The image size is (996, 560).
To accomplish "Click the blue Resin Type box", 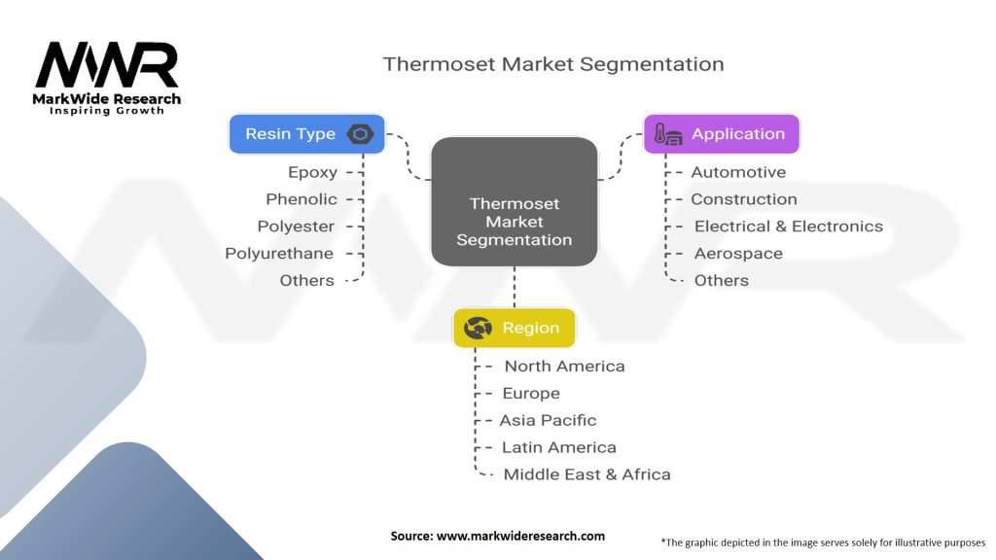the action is click(x=306, y=134).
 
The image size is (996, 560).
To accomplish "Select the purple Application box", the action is click(x=722, y=134).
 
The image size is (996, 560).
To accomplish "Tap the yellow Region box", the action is click(x=514, y=328).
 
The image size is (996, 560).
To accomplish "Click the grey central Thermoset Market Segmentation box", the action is click(x=514, y=201).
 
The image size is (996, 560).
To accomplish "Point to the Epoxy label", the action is click(x=312, y=172).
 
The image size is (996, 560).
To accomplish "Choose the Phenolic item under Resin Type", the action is click(x=302, y=199).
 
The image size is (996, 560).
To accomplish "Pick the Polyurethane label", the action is click(x=279, y=254).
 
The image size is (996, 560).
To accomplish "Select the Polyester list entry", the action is click(x=296, y=227).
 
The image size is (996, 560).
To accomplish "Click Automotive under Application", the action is click(x=738, y=172).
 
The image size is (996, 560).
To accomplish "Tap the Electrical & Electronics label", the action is click(x=788, y=227).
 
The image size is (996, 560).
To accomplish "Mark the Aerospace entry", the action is click(x=738, y=254).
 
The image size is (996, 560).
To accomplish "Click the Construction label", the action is click(x=744, y=199).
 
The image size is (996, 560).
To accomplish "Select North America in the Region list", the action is click(x=565, y=367).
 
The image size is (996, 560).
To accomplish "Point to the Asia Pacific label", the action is click(x=548, y=420).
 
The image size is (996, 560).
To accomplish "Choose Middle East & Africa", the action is click(x=587, y=474).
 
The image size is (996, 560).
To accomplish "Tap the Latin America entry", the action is click(x=559, y=447).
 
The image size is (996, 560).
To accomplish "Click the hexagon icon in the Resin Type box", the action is click(x=360, y=134).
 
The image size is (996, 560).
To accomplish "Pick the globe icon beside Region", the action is click(x=478, y=328).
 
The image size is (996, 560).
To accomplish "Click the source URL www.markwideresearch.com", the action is click(x=520, y=536).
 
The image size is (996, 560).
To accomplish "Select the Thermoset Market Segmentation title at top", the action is click(x=553, y=64).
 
